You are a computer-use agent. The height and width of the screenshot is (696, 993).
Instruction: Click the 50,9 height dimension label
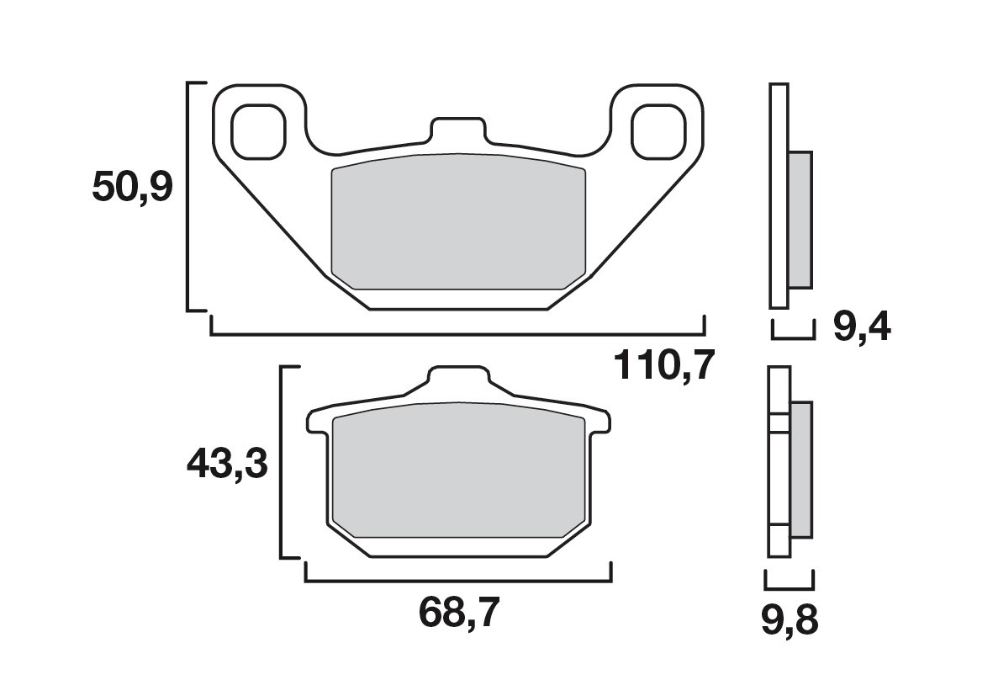pos(132,188)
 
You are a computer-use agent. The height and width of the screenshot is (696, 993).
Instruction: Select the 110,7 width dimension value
pos(664,366)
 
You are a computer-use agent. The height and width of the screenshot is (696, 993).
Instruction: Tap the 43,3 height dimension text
pos(227,464)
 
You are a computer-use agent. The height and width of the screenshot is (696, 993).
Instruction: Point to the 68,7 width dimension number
pos(458,615)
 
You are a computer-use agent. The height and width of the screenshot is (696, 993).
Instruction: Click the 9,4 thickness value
pos(861,327)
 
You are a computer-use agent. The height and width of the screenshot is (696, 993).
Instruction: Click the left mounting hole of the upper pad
pos(258,132)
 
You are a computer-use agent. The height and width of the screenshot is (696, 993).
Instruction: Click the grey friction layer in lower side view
pos(801,469)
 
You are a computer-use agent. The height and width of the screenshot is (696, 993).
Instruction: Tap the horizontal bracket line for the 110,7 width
pos(458,335)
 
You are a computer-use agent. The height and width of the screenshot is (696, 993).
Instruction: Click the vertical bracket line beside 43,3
pos(281,462)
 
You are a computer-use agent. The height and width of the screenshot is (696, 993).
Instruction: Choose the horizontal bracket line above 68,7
pos(458,581)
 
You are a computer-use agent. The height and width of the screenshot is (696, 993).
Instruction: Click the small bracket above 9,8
pos(789,586)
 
